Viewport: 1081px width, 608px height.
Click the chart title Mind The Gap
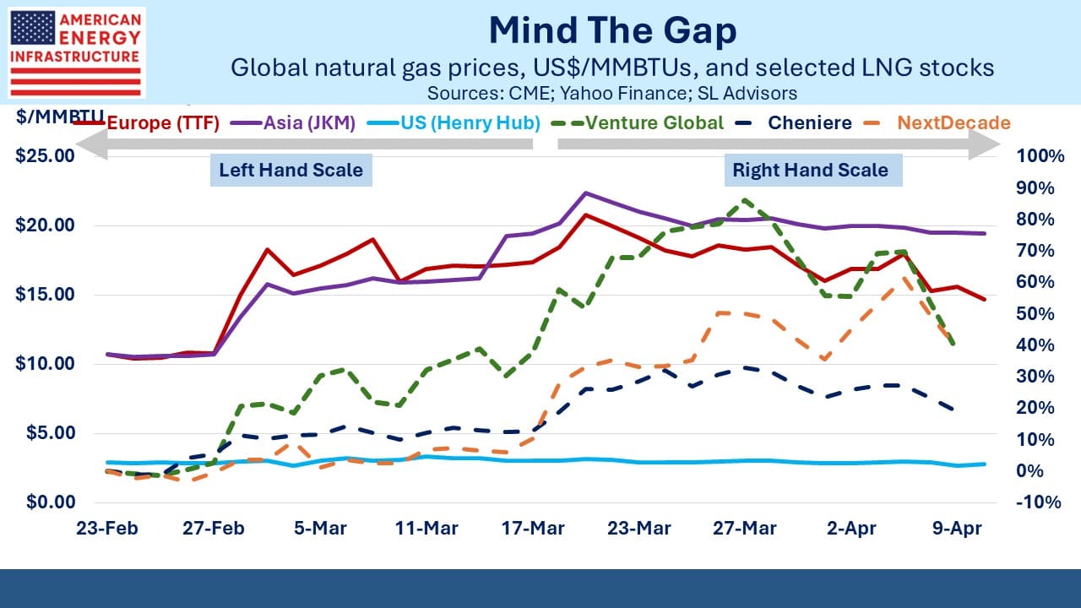tap(612, 31)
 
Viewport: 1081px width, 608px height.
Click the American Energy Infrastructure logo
tap(76, 52)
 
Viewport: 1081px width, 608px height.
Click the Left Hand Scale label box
tap(291, 170)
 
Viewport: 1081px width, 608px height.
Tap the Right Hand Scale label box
tap(810, 170)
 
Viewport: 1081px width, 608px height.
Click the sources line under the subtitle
tap(612, 92)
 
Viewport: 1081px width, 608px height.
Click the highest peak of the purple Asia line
tap(585, 193)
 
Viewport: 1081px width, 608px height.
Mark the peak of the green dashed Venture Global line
tap(744, 200)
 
